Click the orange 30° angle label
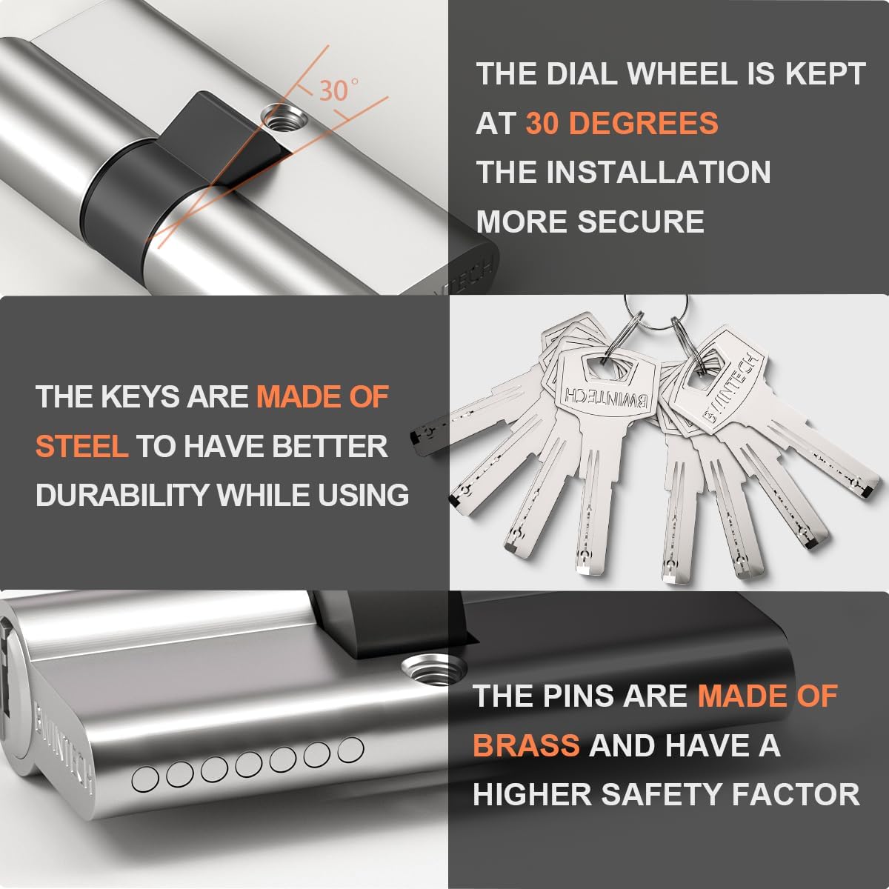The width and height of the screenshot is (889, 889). [338, 90]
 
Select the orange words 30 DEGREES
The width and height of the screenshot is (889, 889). [622, 123]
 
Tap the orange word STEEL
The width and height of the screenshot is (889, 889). [81, 446]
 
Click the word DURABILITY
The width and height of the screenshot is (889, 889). [122, 495]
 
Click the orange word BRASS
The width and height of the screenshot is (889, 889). [526, 745]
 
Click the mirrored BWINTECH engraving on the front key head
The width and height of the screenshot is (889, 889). [605, 397]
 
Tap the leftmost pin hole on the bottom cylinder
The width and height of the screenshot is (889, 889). [145, 779]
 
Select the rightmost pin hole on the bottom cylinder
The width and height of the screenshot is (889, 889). [350, 750]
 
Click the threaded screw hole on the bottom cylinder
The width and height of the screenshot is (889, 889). [433, 668]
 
